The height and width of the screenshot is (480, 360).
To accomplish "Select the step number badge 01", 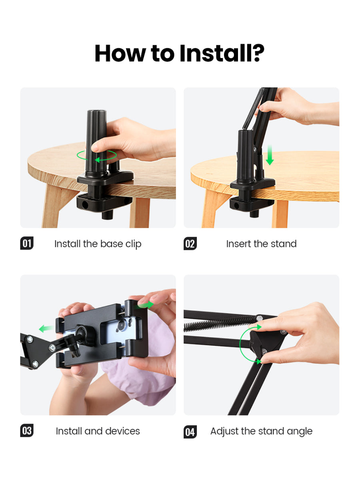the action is [x=27, y=243].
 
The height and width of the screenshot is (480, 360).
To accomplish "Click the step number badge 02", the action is [x=190, y=243].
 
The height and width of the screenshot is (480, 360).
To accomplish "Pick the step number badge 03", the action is [x=27, y=430].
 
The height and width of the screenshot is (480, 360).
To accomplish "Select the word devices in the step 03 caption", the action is [x=122, y=431].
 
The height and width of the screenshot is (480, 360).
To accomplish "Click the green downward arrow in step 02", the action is [x=270, y=155].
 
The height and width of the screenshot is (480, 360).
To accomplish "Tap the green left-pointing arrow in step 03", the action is [x=46, y=328].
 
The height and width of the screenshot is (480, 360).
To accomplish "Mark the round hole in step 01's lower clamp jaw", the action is [x=84, y=205].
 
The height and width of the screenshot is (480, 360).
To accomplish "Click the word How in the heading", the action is [x=120, y=53].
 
